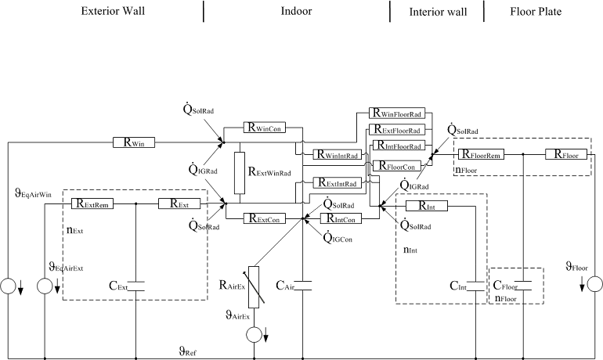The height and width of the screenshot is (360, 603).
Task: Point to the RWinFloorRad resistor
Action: (397, 114)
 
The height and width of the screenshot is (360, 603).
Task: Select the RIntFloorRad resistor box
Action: (397, 146)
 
